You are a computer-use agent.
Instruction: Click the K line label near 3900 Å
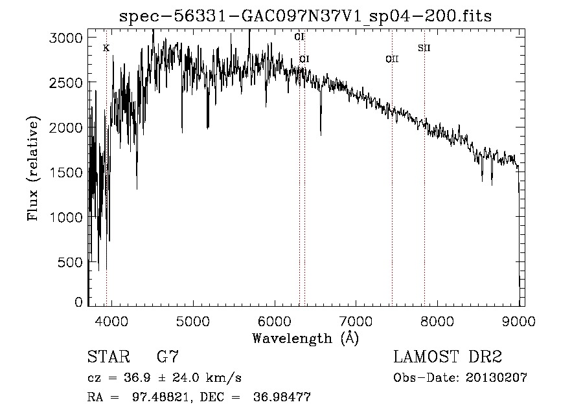coord(106,48)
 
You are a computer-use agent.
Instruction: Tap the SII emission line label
coord(424,48)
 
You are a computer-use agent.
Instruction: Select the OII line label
coord(391,59)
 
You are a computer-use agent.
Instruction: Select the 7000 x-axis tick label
coord(356,320)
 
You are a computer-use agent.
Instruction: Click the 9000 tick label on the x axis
coord(519,320)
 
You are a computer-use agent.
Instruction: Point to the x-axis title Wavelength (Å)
coord(305,337)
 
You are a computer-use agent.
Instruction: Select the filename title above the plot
coord(306,16)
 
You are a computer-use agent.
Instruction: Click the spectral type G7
coord(168,357)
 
